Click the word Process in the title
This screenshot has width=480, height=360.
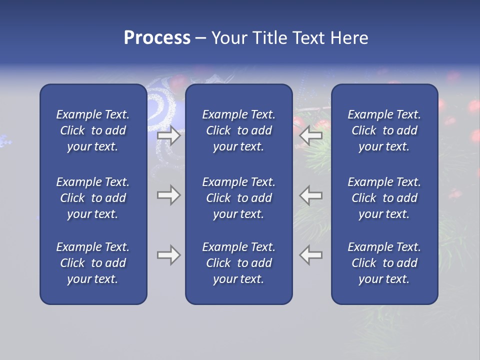[157, 38]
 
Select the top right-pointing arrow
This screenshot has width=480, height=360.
[169, 135]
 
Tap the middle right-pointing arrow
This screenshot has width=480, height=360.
[169, 195]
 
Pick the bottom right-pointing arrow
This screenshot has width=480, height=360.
[169, 255]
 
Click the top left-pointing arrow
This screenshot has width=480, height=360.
[310, 135]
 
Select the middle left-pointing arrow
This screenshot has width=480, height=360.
[310, 195]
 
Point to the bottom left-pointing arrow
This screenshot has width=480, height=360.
[310, 255]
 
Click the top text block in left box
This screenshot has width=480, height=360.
[93, 130]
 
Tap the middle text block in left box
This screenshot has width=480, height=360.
[93, 198]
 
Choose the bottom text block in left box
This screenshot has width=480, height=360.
[93, 263]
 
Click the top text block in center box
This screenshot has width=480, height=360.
[238, 130]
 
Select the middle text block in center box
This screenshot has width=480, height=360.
[238, 198]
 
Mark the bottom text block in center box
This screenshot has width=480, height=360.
[238, 263]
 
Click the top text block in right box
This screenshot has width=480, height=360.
[384, 130]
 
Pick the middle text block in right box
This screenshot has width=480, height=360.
[384, 198]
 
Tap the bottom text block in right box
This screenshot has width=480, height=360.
[384, 263]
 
